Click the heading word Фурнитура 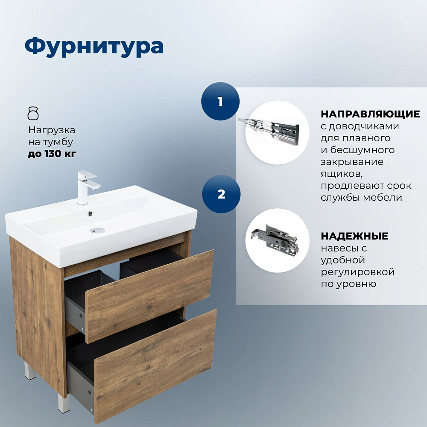coord(94,47)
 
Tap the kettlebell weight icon coord(33,114)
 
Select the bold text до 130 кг coord(52,154)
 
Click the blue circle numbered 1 coord(220,101)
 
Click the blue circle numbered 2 coord(221,194)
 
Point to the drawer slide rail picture coord(269,129)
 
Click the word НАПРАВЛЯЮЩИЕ coord(370,114)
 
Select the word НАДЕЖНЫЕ coord(354,236)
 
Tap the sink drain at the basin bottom coord(98,231)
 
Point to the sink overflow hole coord(90,214)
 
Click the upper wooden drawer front coord(149,296)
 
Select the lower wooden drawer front coord(156,366)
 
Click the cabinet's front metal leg coord(64,404)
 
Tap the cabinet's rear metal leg coord(29,370)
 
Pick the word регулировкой coord(358,272)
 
